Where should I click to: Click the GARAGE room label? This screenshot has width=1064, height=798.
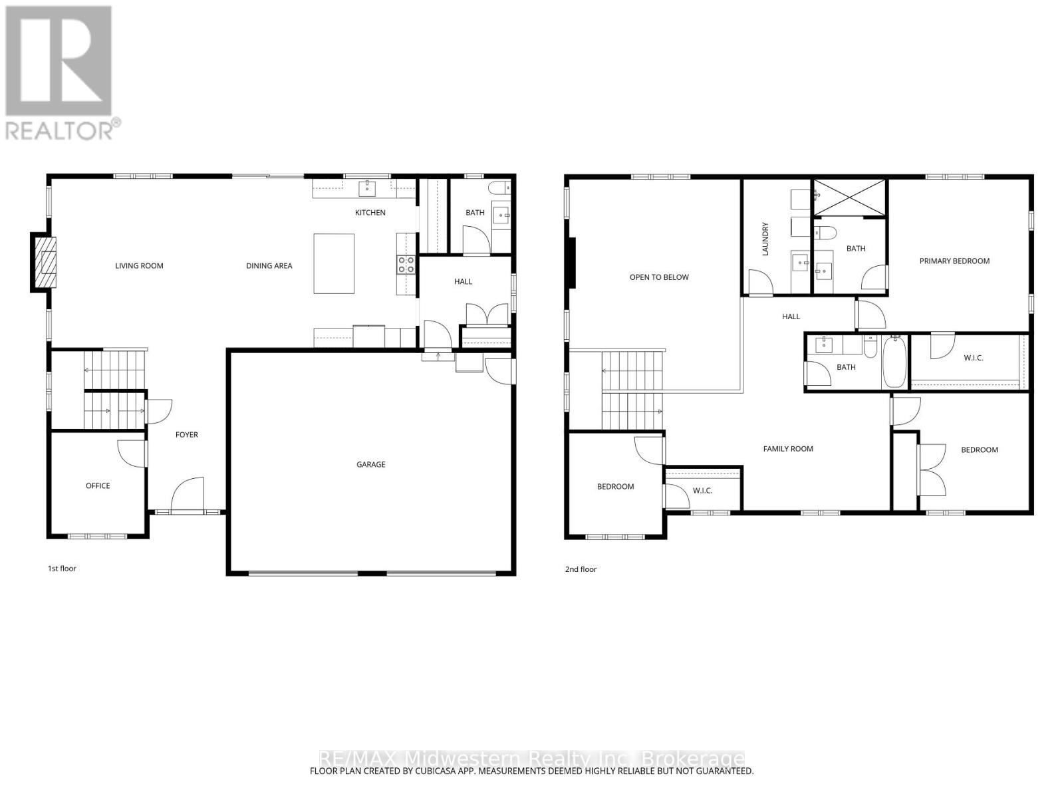point(370,464)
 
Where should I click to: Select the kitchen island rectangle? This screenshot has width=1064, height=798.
point(334,263)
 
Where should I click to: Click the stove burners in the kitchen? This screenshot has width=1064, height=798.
point(406,265)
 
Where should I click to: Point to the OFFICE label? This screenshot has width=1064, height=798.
point(98,485)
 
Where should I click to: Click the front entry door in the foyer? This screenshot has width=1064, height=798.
point(187,495)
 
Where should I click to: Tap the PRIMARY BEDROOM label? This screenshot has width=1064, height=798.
point(954,261)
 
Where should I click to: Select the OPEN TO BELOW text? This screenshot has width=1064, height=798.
point(659,277)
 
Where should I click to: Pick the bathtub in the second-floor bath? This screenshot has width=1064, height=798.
point(894,362)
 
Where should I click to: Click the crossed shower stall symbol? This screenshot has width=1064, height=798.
point(851,198)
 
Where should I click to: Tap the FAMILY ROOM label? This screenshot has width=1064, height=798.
point(788,449)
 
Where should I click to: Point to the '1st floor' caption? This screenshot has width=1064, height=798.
point(62,569)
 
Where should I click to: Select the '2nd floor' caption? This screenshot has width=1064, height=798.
point(581,569)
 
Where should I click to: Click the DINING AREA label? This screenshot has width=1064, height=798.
point(269,265)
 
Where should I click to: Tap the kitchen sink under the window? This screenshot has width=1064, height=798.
point(367,189)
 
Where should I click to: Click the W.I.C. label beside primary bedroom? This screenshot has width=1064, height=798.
point(973,358)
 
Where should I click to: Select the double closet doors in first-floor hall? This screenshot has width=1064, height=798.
point(486,315)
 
